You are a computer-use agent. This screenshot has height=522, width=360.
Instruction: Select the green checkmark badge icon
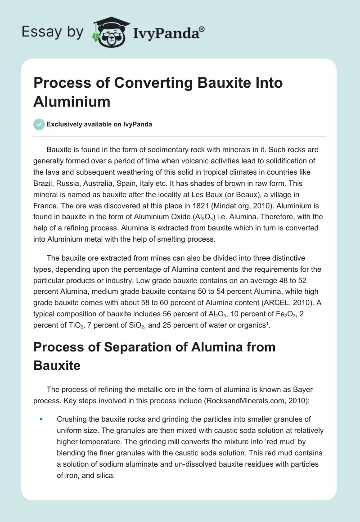point(39,124)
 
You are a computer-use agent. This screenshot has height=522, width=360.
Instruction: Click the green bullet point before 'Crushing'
point(41,419)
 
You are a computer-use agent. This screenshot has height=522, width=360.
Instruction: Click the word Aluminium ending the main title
point(72,101)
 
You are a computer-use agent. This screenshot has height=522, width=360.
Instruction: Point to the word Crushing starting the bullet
point(73,419)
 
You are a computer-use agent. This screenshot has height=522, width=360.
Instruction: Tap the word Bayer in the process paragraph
point(312,389)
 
